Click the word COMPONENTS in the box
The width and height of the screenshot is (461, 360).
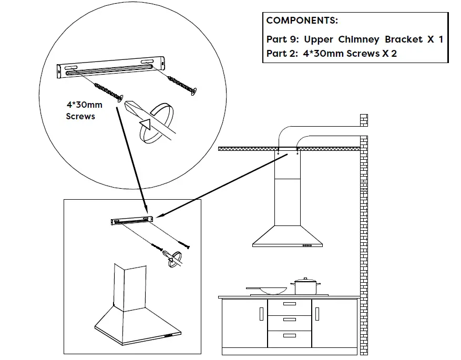[302, 21]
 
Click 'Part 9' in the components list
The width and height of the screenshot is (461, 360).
[282, 39]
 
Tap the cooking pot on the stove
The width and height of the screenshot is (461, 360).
[305, 286]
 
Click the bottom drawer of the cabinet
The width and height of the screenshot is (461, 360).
[289, 336]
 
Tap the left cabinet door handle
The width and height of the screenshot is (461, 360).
[261, 314]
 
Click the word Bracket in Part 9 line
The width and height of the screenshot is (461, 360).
[404, 39]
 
